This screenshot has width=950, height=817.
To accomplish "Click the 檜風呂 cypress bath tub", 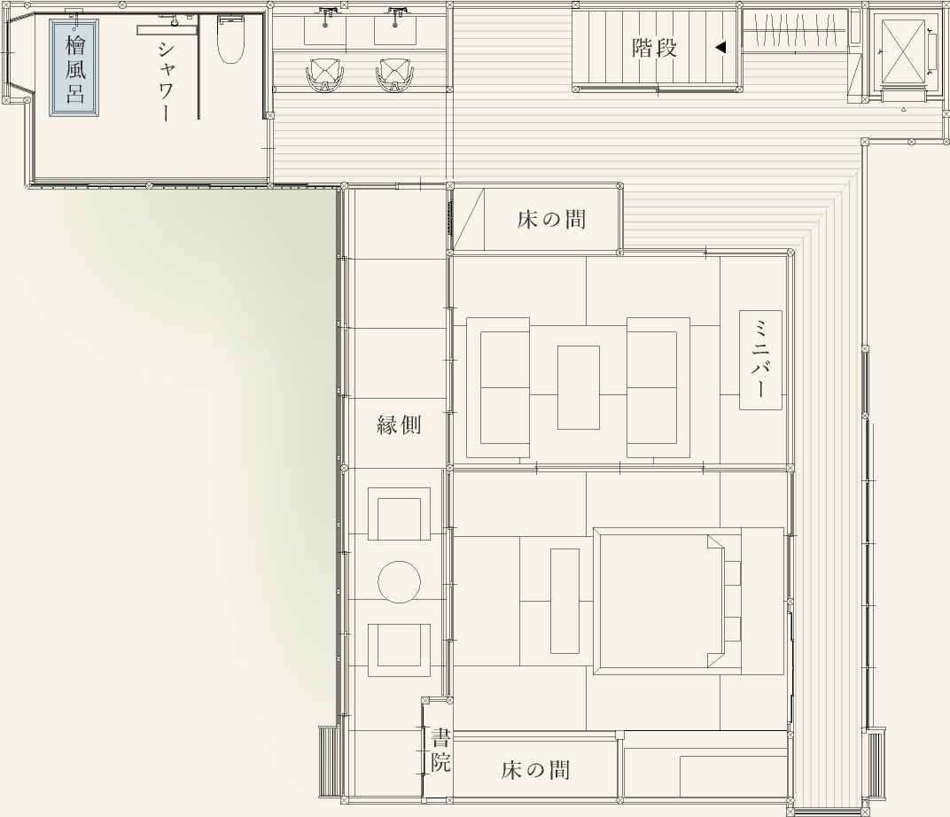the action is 74,67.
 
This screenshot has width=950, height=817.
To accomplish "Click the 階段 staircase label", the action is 654,47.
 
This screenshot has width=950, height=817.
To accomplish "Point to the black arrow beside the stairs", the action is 720,47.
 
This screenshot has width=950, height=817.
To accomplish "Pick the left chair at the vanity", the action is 325,75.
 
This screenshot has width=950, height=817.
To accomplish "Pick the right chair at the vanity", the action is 395,75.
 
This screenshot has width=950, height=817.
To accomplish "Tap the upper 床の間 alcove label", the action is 551,219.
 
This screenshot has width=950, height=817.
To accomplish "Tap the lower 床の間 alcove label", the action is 535,770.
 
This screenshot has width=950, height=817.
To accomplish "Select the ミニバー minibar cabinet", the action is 760,360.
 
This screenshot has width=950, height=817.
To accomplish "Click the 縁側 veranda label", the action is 399,425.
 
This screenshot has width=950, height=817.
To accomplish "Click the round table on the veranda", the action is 400,581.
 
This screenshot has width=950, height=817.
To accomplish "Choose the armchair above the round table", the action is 400,514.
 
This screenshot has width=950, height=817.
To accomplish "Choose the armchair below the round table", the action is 400,650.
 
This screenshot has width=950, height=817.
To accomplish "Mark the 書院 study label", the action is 440,751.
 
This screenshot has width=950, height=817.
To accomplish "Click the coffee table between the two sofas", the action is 579,387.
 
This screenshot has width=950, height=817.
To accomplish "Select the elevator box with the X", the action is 903,51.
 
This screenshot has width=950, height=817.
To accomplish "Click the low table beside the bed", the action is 565,601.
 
